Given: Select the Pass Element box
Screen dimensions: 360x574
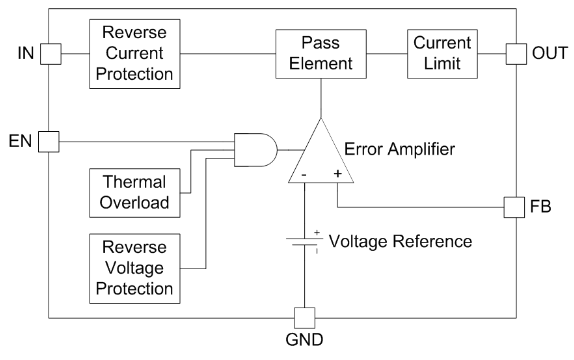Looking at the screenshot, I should pyautogui.click(x=320, y=53).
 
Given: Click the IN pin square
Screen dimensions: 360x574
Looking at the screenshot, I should pyautogui.click(x=50, y=53).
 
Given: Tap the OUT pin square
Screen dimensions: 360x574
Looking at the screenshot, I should pyautogui.click(x=516, y=53).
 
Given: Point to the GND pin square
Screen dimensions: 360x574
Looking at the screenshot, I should pyautogui.click(x=305, y=317).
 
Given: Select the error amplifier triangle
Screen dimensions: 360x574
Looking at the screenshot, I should pyautogui.click(x=321, y=155).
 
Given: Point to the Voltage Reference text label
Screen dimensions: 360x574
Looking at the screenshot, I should pyautogui.click(x=400, y=242).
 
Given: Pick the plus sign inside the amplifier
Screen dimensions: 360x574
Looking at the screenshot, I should pyautogui.click(x=337, y=174).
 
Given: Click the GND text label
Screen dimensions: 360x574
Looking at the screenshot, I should pyautogui.click(x=305, y=341).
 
